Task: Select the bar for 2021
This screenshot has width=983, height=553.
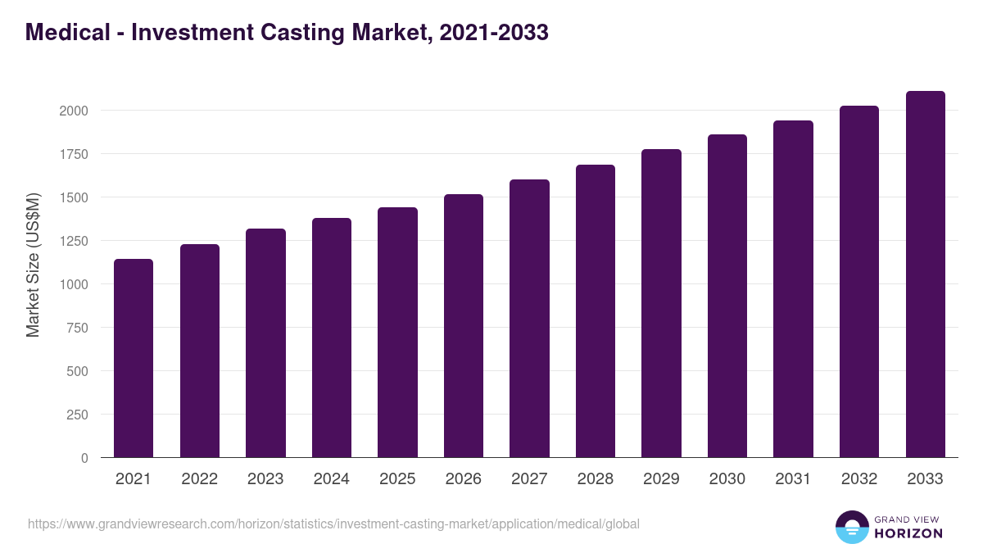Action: pyautogui.click(x=134, y=358)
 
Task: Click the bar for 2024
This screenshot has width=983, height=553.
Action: pyautogui.click(x=332, y=338)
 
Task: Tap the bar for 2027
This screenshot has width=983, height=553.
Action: pyautogui.click(x=529, y=319)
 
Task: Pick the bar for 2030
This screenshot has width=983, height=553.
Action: pyautogui.click(x=727, y=296)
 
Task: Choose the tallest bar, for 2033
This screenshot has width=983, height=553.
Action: pyautogui.click(x=925, y=274)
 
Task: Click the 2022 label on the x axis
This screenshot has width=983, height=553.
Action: pyautogui.click(x=199, y=479)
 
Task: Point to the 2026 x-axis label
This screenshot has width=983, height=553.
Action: pyautogui.click(x=464, y=479)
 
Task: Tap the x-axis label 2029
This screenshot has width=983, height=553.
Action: pyautogui.click(x=661, y=479)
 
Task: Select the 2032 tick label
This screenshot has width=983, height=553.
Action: pyautogui.click(x=859, y=479)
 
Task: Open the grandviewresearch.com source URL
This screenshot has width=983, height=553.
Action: pyautogui.click(x=333, y=524)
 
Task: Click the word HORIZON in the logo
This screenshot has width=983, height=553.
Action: pyautogui.click(x=908, y=533)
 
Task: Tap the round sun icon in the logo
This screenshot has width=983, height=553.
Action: pyautogui.click(x=852, y=527)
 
